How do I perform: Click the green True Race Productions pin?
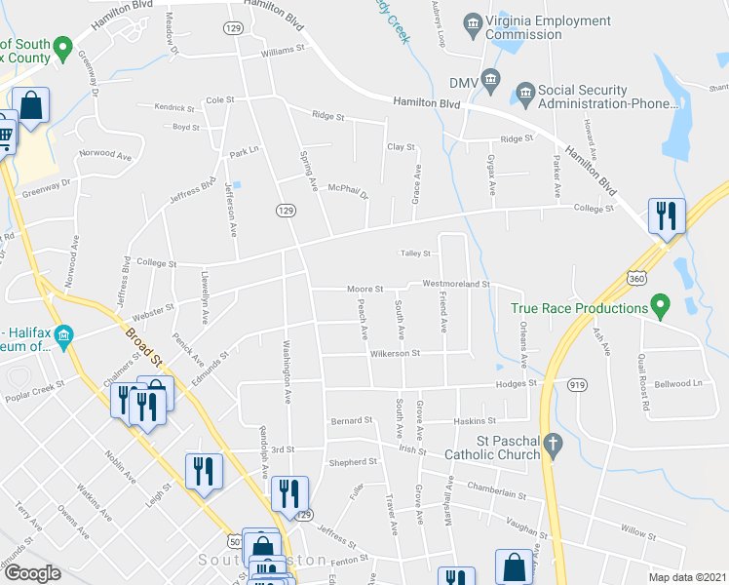pos(659,308)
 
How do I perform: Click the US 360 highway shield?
pos(637,279)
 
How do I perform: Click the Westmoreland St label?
pos(455,285)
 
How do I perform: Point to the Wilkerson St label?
pos(394,353)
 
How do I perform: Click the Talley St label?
pos(415,253)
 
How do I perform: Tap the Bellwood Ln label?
pos(681,384)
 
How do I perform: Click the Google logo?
pos(32,573)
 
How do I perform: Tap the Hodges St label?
pos(517,384)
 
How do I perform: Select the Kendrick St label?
pos(175,107)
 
